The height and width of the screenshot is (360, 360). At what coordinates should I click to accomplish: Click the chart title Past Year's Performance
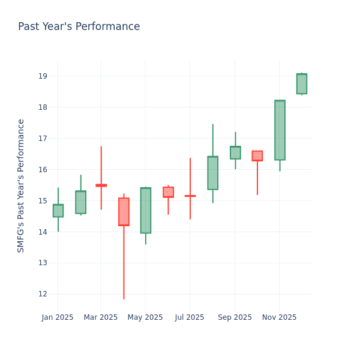tap(79, 27)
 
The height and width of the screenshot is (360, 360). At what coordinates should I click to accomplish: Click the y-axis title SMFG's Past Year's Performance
tap(21, 185)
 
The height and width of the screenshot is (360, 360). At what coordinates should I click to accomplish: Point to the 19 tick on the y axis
tap(43, 76)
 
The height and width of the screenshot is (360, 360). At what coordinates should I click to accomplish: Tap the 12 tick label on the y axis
tap(43, 294)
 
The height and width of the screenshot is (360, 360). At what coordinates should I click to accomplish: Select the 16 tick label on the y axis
tap(43, 170)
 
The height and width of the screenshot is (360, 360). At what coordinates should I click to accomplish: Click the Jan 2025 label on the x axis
tap(58, 317)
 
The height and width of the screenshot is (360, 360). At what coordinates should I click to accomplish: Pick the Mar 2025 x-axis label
tap(101, 317)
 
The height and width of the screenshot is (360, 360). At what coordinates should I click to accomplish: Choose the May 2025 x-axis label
tap(145, 317)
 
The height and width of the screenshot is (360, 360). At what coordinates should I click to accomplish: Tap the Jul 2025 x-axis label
tap(190, 317)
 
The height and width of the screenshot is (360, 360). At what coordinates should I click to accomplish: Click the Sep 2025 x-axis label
tap(235, 317)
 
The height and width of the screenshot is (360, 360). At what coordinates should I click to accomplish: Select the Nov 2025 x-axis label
tap(279, 317)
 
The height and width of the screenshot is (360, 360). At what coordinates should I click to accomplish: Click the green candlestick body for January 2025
tap(58, 211)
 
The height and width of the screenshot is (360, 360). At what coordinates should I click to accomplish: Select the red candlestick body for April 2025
tap(124, 212)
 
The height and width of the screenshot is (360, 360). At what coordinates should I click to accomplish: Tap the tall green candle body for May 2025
tap(145, 210)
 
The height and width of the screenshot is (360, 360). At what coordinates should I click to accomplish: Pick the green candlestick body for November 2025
tap(280, 130)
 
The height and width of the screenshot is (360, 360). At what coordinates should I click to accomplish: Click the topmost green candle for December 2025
tap(302, 84)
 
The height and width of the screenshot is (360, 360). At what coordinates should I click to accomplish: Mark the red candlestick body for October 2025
tap(257, 156)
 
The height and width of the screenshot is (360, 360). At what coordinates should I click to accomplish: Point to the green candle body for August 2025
tap(212, 173)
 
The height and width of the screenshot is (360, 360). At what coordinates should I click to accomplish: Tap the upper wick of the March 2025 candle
tap(101, 166)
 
